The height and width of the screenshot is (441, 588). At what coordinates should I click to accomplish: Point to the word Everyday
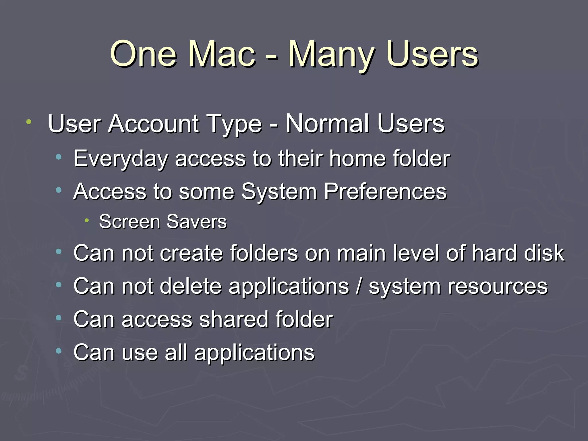tap(121, 158)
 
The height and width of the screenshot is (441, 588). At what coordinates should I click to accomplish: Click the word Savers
tap(197, 222)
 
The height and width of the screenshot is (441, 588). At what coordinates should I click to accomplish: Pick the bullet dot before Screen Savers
tap(87, 220)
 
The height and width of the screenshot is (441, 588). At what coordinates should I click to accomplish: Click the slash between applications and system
tap(359, 286)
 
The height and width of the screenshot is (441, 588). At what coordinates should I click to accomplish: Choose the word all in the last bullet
tap(176, 352)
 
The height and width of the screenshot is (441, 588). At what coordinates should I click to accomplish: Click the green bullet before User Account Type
tap(28, 122)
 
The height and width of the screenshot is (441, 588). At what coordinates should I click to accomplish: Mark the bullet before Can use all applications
tap(59, 351)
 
